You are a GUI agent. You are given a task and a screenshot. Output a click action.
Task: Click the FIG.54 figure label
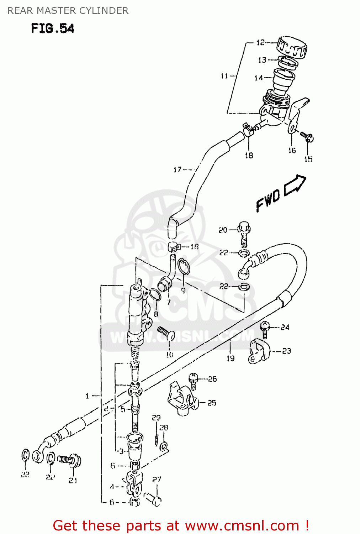point(53,28)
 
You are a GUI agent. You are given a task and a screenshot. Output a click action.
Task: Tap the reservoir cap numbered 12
point(292,47)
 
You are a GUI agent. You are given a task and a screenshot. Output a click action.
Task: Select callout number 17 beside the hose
point(177,170)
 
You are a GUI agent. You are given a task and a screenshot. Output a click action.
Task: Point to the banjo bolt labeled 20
point(244,233)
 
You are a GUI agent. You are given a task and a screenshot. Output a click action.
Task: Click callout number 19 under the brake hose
point(231,358)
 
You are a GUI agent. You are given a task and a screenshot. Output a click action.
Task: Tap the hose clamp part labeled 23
point(259,352)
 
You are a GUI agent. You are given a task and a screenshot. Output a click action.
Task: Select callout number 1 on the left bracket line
point(87,396)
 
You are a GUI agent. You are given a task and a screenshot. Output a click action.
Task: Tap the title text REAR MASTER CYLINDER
point(68,11)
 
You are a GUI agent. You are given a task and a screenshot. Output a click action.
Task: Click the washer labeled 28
point(164,446)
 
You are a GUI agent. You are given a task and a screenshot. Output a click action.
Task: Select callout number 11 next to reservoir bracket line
point(224,76)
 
